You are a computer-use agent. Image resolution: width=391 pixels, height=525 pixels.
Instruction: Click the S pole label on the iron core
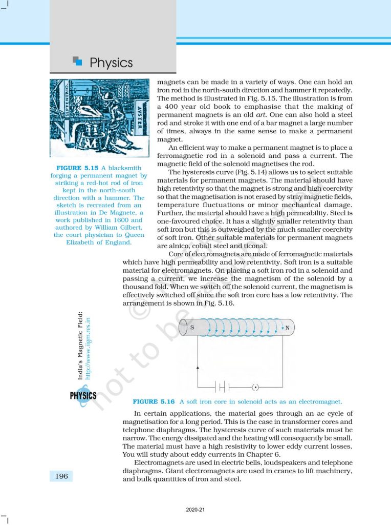(x=191, y=327)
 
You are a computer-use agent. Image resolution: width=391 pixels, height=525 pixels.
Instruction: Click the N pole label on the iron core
(x=287, y=327)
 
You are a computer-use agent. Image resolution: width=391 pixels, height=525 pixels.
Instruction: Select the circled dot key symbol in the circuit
(x=256, y=386)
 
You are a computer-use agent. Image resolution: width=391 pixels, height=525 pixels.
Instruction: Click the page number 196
(x=61, y=476)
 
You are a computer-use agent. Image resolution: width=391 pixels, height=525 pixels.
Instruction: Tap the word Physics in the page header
(x=111, y=63)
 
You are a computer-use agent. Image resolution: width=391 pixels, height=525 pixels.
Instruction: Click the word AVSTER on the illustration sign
(x=141, y=118)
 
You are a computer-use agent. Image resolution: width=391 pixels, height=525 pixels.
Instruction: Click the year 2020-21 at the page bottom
(x=196, y=510)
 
